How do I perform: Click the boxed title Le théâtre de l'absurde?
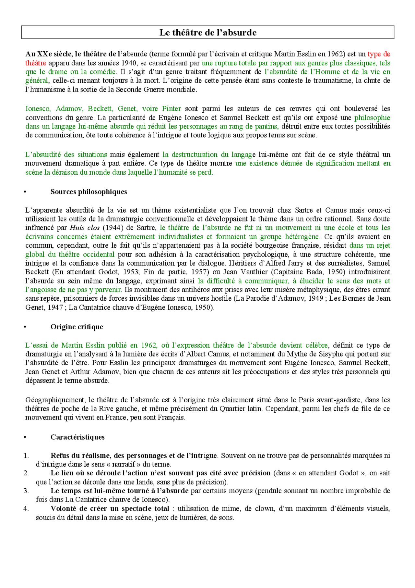click(x=208, y=32)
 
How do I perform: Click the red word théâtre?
click(x=36, y=63)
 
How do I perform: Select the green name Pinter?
click(x=171, y=109)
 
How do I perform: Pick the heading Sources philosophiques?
click(x=89, y=192)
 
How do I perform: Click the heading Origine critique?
click(x=77, y=327)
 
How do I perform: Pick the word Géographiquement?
click(x=55, y=400)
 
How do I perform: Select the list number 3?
click(x=26, y=491)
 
